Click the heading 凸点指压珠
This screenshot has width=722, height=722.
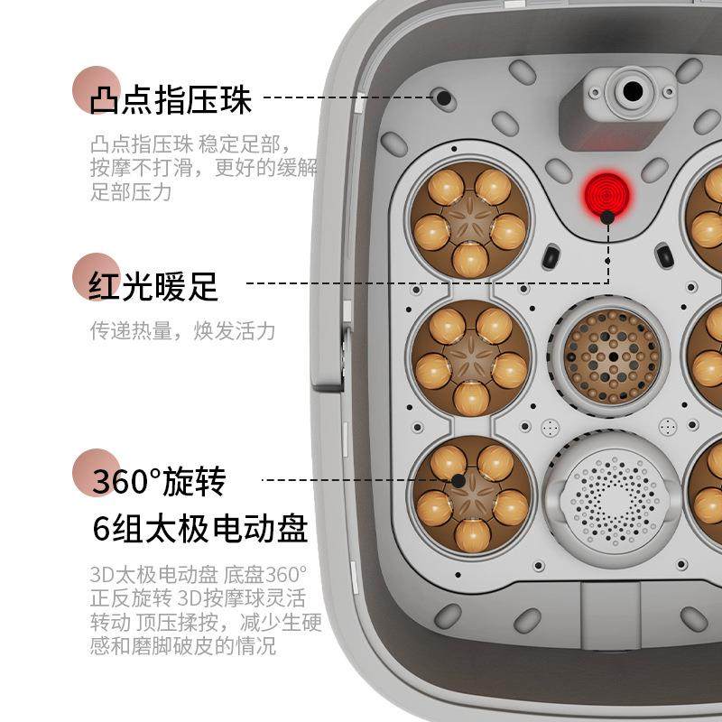pos(171,100)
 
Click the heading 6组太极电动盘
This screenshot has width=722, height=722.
pos(199,528)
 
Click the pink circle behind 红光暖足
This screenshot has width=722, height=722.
pos(96,273)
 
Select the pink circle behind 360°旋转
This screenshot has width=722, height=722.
pos(96,471)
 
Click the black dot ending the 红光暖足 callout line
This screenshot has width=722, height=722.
pos(607,217)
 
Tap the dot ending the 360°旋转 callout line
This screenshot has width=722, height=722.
pos(458,481)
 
